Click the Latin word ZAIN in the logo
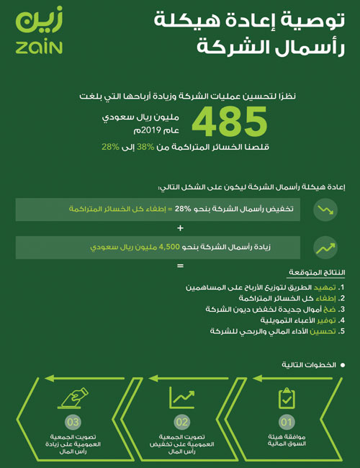pos(39,48)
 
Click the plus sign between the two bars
pos(180,228)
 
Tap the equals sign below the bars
pos(180,266)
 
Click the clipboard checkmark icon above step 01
pos(286,397)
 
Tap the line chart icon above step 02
pos(181,396)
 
